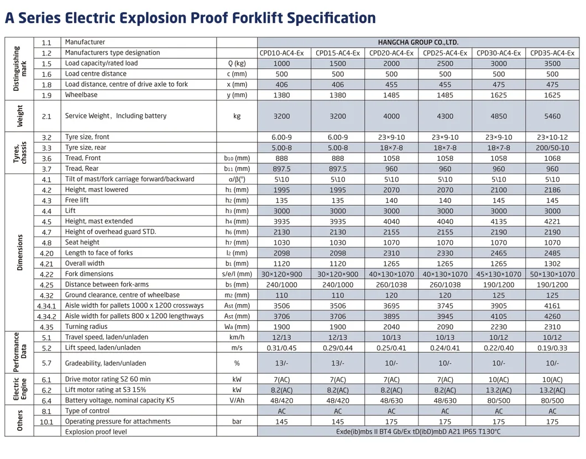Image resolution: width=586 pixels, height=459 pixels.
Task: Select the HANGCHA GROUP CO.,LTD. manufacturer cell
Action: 418,43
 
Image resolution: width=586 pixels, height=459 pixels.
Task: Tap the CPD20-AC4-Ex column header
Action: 391,53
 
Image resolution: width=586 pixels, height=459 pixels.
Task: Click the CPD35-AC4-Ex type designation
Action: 552,53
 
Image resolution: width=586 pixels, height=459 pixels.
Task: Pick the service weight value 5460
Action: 552,116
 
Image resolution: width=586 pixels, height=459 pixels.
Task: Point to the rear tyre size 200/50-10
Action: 552,148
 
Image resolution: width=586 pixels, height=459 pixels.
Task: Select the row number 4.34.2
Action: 47,316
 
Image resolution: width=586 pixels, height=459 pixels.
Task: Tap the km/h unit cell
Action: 237,337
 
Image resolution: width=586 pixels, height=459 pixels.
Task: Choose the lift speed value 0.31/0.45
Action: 284,348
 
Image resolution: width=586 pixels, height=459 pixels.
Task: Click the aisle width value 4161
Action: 552,306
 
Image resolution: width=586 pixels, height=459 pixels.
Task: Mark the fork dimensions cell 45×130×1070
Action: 499,274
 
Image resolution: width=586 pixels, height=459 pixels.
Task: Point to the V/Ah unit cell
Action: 237,400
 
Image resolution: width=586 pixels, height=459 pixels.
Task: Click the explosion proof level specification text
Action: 418,432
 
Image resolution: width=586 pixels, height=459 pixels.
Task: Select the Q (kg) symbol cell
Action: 237,64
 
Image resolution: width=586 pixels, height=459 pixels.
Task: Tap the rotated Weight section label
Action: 19,116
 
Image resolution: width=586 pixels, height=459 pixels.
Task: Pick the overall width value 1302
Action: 552,264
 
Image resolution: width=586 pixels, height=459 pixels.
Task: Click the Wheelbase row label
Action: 81,95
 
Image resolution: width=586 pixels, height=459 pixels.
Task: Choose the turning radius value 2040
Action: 391,327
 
